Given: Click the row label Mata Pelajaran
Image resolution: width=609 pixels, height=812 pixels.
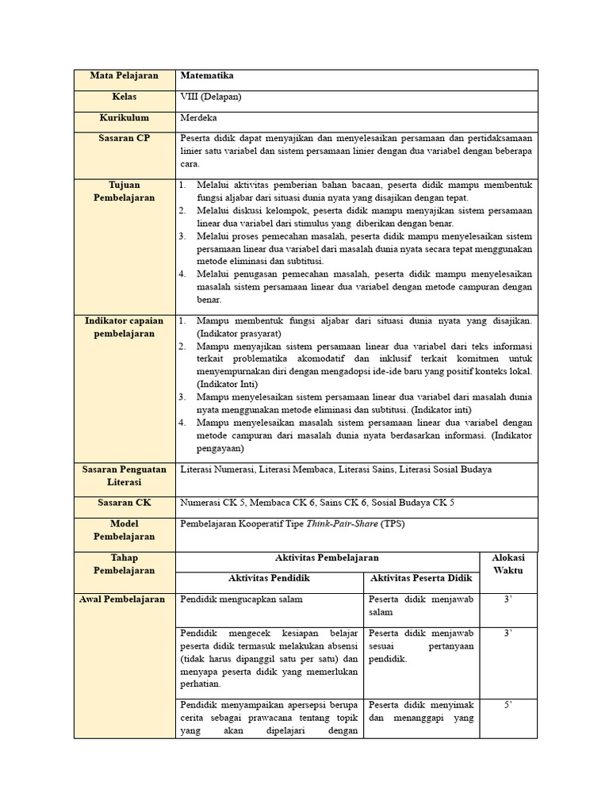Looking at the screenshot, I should (124, 76).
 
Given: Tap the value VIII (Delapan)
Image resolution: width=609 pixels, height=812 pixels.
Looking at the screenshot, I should (211, 97).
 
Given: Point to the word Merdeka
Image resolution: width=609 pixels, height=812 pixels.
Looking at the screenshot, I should (200, 117).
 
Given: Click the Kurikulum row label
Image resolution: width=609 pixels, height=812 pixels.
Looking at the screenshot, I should (124, 117).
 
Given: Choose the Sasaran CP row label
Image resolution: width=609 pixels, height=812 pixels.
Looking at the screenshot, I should (124, 138).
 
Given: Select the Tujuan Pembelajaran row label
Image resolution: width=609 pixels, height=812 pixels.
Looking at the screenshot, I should (124, 191).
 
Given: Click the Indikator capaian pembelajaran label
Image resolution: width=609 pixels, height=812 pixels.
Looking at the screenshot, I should (124, 327).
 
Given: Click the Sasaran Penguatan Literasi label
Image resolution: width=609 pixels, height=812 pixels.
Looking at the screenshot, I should (124, 475).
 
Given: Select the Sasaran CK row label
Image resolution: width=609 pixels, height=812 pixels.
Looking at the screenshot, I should (124, 503).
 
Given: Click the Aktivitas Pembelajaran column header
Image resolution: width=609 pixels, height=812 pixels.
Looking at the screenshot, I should (327, 558).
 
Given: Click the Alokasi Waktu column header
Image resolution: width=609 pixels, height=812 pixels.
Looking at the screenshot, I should (508, 565).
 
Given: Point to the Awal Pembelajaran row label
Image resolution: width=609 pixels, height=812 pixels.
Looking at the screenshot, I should (124, 599).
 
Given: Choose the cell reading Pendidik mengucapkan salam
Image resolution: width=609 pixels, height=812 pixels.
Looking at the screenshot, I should (241, 599).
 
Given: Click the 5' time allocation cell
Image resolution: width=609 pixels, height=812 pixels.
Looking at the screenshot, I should (508, 704).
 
